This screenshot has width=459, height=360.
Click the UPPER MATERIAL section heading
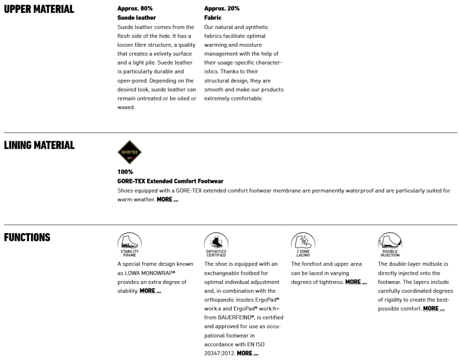(39, 9)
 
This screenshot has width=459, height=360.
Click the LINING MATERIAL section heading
(39, 145)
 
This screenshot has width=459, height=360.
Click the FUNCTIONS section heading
(27, 238)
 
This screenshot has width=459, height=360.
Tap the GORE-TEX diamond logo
(130, 152)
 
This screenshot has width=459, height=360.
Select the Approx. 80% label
(135, 9)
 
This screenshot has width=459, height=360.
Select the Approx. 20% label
(222, 9)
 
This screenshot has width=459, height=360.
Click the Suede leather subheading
(137, 18)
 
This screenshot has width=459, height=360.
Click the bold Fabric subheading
(213, 18)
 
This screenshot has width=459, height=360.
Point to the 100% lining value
(125, 172)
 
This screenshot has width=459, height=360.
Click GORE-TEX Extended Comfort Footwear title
(170, 181)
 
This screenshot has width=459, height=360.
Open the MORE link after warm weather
(167, 200)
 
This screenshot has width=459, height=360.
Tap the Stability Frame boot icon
(130, 242)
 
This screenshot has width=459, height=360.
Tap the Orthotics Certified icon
(217, 242)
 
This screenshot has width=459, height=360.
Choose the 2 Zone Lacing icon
(303, 242)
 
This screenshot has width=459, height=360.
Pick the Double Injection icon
(390, 242)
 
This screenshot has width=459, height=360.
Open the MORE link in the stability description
(150, 291)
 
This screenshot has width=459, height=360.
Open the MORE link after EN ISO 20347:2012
(247, 353)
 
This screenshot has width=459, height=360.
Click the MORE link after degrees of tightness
(356, 282)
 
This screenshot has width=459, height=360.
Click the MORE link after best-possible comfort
(433, 308)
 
